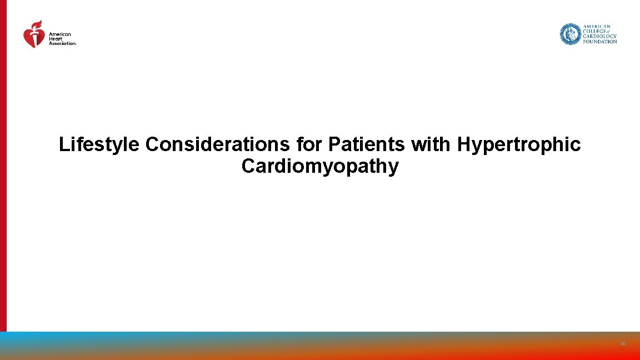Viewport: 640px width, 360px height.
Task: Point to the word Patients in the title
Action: (x=367, y=145)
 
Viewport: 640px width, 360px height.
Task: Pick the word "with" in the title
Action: (x=432, y=145)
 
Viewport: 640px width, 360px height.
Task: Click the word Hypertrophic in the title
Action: (x=519, y=145)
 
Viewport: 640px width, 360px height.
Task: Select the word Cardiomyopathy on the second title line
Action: (x=320, y=166)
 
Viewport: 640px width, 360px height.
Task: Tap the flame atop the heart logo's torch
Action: (x=37, y=24)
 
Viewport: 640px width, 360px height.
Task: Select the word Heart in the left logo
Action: (x=54, y=38)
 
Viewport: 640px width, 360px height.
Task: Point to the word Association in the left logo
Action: (x=62, y=43)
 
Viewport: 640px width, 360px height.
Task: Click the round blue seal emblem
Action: (x=570, y=34)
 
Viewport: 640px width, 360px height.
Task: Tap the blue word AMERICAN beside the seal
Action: (x=596, y=26)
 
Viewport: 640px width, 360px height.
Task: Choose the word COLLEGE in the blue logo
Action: (x=594, y=31)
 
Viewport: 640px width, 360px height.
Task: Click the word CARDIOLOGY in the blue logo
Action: (x=599, y=36)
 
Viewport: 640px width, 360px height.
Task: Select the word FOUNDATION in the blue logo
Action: (x=599, y=41)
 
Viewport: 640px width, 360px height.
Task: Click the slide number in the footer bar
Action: (x=623, y=344)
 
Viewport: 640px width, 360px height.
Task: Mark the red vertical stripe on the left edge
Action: (x=3, y=167)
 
